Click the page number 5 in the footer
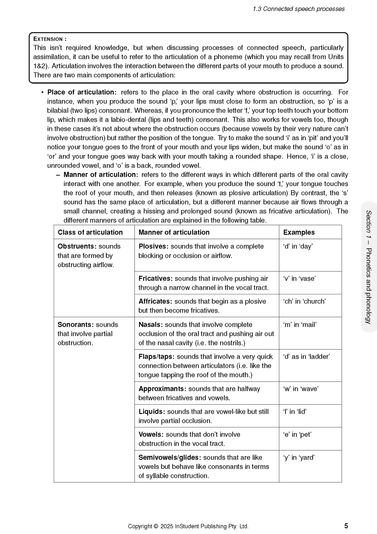[346, 526]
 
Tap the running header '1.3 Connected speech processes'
[298, 9]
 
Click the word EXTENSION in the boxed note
[48, 39]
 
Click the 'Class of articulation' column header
[90, 232]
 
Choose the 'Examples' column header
[299, 232]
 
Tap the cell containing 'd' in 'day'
[298, 246]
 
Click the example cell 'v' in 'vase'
[299, 279]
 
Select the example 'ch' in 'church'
[304, 301]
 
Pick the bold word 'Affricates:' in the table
[155, 301]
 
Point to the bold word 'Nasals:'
[151, 325]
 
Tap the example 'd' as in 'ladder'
[306, 357]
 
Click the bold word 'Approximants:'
[162, 389]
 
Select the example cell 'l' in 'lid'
[295, 412]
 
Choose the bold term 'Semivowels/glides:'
[170, 458]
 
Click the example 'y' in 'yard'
[299, 458]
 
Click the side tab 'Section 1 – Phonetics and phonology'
[368, 267]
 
